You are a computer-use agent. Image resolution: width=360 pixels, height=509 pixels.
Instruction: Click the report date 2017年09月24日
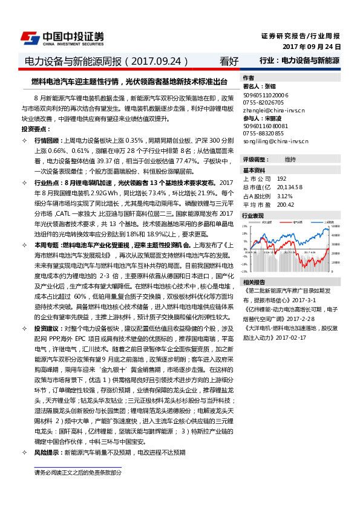(312, 47)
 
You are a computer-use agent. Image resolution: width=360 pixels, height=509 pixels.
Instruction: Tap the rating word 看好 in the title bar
(229, 61)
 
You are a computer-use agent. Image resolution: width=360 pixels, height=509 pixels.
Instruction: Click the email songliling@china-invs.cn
(276, 141)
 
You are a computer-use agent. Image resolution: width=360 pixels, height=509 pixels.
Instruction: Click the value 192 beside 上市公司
(281, 179)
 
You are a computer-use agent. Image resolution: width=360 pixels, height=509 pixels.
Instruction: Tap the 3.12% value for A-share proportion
(284, 195)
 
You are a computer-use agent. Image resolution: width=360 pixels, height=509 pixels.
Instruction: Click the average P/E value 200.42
(286, 204)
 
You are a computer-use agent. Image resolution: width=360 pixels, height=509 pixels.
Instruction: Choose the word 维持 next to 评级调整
(290, 159)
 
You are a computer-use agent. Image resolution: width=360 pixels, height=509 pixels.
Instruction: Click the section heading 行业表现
(253, 215)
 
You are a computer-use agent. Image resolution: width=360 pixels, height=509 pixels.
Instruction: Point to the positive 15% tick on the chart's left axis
(246, 227)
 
